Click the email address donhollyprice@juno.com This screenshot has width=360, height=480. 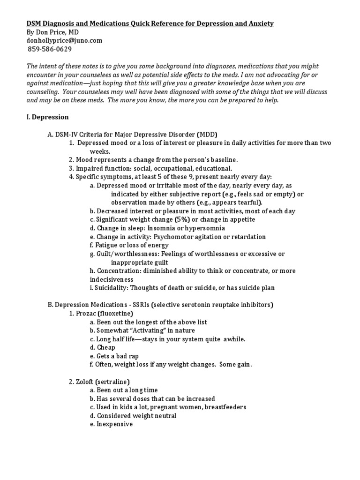tap(64, 41)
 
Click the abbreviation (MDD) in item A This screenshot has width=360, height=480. tap(207, 134)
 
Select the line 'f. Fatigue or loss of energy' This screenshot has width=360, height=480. tap(129, 245)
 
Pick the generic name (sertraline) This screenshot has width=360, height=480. tap(114, 382)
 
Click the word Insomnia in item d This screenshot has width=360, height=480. tap(167, 228)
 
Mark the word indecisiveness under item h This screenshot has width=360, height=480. tap(113, 279)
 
